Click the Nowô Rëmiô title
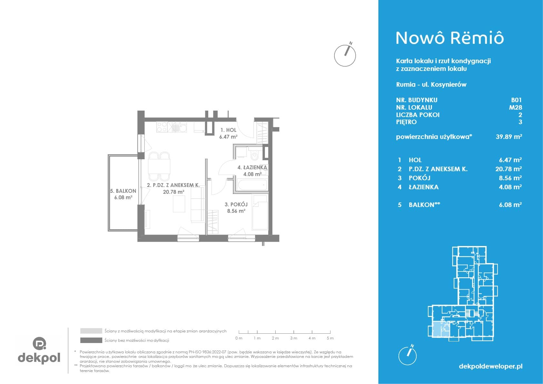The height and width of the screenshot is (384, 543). click(450, 38)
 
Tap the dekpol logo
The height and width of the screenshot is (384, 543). click(39, 350)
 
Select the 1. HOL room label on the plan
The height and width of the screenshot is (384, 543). click(228, 133)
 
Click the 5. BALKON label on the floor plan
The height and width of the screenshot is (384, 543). click(123, 194)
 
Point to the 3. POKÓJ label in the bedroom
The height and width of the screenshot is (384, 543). click(236, 208)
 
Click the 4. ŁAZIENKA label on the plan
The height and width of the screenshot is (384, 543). click(252, 171)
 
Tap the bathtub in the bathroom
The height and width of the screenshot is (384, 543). click(252, 185)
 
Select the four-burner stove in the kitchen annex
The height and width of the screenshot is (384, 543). click(162, 127)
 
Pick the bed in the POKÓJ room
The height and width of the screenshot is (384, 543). click(260, 212)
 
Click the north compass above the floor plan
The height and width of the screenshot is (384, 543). click(345, 54)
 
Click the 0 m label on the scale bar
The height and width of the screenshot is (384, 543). click(239, 338)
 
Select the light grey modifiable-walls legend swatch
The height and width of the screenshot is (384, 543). click(91, 331)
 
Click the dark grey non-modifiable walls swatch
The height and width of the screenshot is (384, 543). click(91, 340)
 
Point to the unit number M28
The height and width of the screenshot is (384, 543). click(515, 107)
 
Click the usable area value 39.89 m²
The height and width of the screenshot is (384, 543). click(509, 137)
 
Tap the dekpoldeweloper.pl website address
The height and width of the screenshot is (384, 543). click(491, 366)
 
